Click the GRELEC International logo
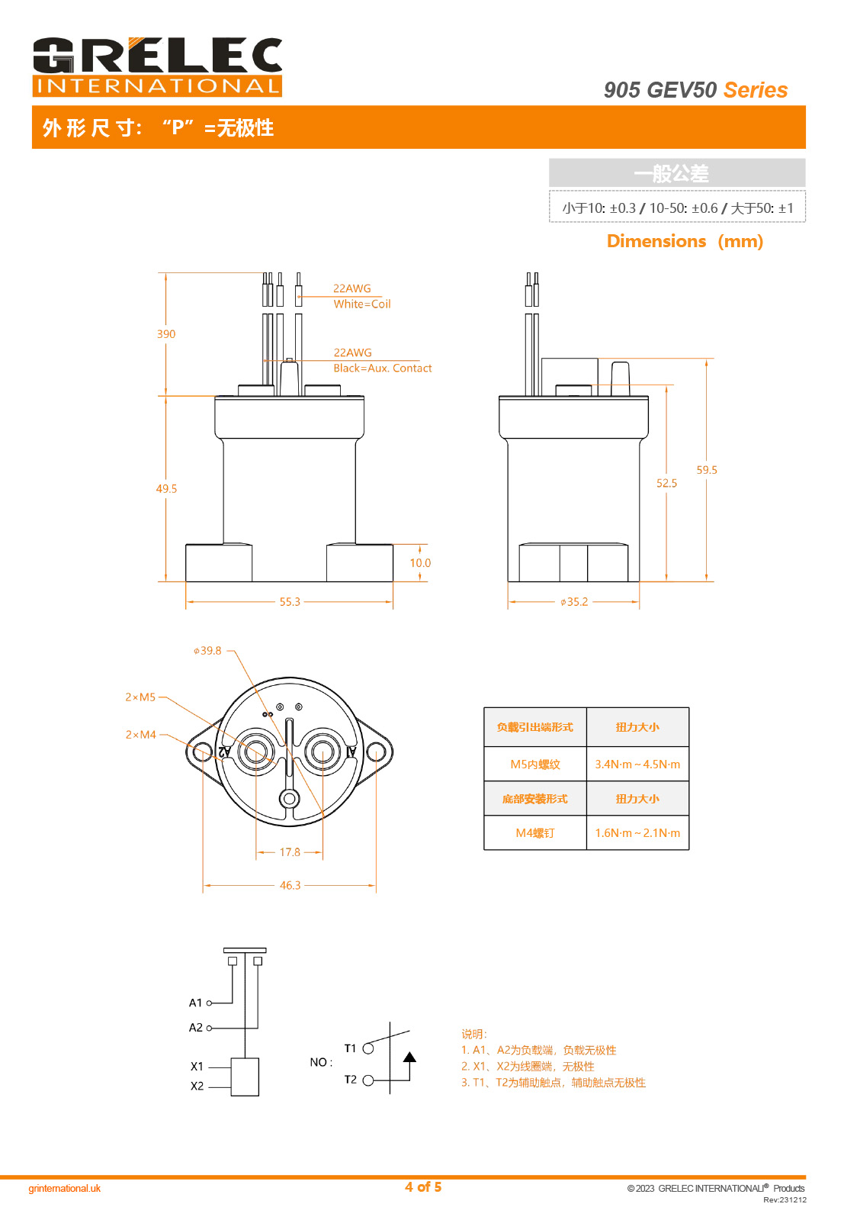(157, 67)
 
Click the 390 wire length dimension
(166, 334)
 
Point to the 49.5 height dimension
(166, 488)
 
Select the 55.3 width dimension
(290, 602)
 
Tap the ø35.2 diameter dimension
(574, 602)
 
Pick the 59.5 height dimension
(707, 470)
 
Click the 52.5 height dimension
(666, 483)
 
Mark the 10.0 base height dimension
(420, 563)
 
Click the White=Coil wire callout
(362, 304)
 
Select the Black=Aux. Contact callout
(383, 368)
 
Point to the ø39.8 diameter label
(207, 651)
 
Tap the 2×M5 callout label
(140, 697)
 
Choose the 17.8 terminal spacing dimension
(290, 852)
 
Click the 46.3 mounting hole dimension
(290, 886)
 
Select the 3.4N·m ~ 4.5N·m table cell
(637, 765)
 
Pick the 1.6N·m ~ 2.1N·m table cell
(637, 833)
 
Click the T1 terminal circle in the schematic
(368, 1048)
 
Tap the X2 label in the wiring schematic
(197, 1086)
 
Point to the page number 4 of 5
(423, 1186)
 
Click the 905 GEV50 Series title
(695, 90)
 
